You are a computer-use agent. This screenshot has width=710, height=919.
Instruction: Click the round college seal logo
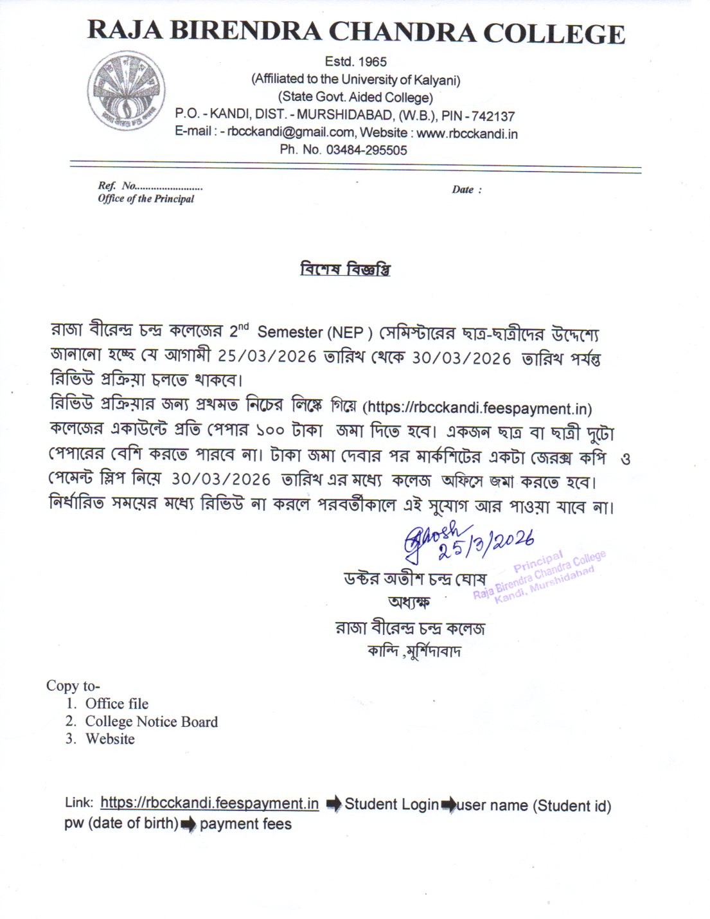[x=127, y=91]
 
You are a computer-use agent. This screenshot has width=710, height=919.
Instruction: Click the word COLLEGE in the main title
[x=554, y=33]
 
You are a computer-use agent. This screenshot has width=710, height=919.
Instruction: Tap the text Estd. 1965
[x=355, y=62]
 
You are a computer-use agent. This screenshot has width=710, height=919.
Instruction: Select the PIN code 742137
[x=493, y=116]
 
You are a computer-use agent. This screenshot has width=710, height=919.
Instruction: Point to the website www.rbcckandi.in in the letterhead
[x=467, y=134]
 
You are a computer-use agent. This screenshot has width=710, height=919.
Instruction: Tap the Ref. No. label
[x=116, y=186]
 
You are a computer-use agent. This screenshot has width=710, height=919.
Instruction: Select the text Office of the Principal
[x=146, y=199]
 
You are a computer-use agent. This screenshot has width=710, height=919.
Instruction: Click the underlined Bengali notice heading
[x=345, y=269]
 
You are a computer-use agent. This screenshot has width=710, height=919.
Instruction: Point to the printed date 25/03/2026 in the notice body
[x=267, y=357]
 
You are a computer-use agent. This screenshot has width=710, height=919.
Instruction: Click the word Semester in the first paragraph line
[x=290, y=332]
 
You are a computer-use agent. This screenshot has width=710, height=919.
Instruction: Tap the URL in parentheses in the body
[x=477, y=408]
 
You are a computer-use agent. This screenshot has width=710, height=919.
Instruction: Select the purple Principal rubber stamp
[x=540, y=575]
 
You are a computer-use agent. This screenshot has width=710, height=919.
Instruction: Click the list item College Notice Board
[x=152, y=722]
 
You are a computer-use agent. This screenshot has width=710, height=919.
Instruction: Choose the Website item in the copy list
[x=110, y=739]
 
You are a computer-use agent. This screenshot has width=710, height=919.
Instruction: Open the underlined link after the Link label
[x=209, y=803]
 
